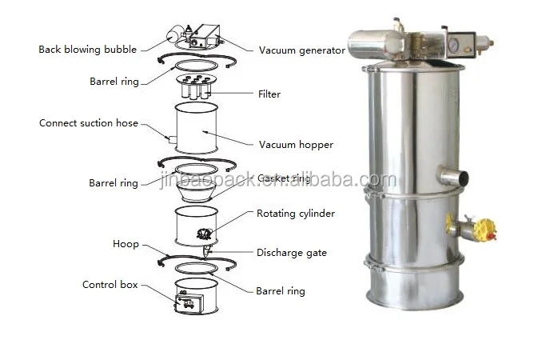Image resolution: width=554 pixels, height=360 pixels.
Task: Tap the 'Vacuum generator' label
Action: [301, 50]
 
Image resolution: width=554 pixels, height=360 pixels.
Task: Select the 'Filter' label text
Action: [269, 94]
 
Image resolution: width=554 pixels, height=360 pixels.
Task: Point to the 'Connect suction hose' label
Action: [89, 123]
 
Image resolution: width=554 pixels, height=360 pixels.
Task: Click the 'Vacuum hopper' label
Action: [296, 145]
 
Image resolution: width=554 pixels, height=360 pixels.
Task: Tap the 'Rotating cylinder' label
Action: [295, 214]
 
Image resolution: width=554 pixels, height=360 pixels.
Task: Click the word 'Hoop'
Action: [126, 244]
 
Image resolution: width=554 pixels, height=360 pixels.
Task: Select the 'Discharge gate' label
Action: [291, 253]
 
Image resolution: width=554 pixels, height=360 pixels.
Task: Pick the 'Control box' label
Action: [110, 284]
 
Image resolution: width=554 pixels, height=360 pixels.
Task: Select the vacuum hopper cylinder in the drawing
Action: [196, 132]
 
